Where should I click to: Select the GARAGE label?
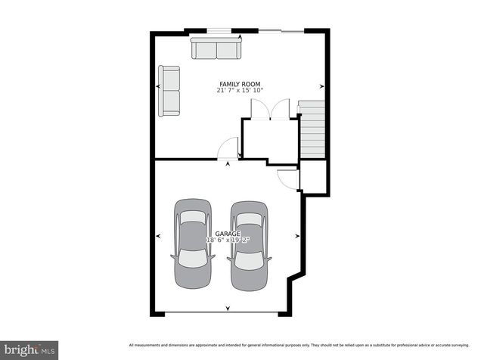tap(227, 234)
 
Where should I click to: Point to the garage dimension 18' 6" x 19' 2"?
tap(228, 241)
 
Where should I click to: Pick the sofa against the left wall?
tap(169, 91)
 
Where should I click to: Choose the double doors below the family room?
tap(271, 110)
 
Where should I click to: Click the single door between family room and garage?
tap(228, 150)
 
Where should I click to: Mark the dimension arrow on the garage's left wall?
tap(158, 236)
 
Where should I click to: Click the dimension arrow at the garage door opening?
tap(228, 309)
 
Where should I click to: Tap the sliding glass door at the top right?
tap(281, 32)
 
